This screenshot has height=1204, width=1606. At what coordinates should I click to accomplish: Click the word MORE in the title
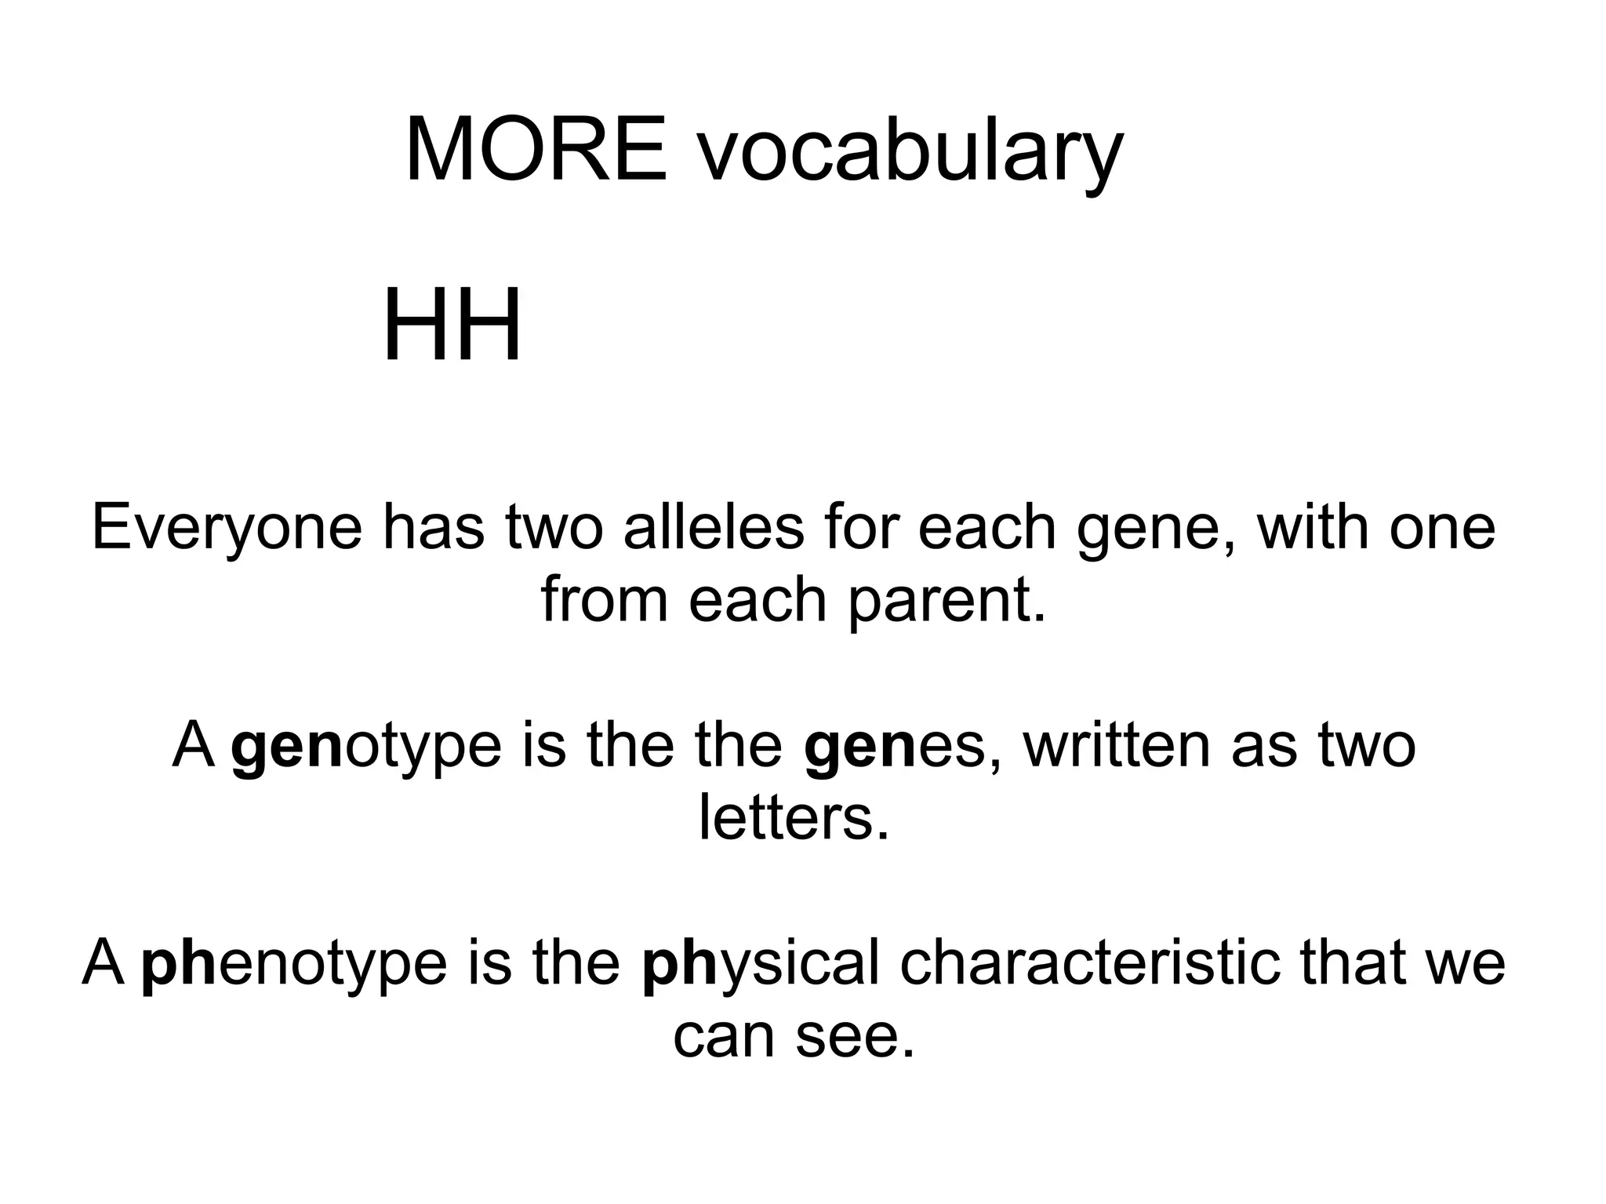pyautogui.click(x=536, y=149)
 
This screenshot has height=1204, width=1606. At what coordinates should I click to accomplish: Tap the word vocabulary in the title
pyautogui.click(x=910, y=153)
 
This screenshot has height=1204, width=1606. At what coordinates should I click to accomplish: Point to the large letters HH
pyautogui.click(x=452, y=325)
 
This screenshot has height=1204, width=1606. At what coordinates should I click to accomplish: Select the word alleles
pyautogui.click(x=714, y=527)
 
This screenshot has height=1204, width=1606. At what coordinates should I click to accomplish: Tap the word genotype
pyautogui.click(x=366, y=747)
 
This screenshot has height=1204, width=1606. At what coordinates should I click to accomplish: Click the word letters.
pyautogui.click(x=794, y=818)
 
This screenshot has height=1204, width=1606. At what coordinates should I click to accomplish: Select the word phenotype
pyautogui.click(x=294, y=965)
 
